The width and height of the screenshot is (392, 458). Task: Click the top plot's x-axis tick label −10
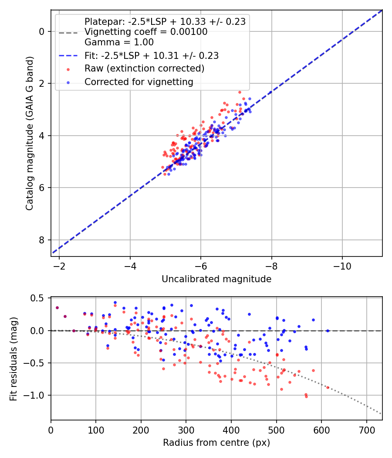click(342, 267)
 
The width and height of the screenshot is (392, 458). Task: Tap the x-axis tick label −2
click(59, 267)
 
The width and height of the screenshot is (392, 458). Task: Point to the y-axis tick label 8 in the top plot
click(42, 240)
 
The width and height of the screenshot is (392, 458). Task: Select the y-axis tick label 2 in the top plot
click(42, 84)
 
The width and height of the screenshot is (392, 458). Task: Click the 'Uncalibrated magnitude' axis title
click(216, 279)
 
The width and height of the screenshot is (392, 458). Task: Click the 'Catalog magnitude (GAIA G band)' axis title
click(30, 133)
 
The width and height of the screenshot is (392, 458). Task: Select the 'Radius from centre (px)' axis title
click(216, 443)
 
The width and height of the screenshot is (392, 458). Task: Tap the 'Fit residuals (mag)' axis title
click(14, 359)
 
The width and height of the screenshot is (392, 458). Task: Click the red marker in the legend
click(68, 69)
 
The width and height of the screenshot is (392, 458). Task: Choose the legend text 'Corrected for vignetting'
click(139, 82)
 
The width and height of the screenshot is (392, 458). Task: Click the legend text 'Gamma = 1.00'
click(119, 42)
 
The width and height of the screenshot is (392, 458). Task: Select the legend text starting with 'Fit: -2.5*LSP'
click(152, 56)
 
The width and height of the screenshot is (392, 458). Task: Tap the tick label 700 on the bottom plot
click(367, 430)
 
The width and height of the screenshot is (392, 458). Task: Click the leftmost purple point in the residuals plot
click(57, 308)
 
